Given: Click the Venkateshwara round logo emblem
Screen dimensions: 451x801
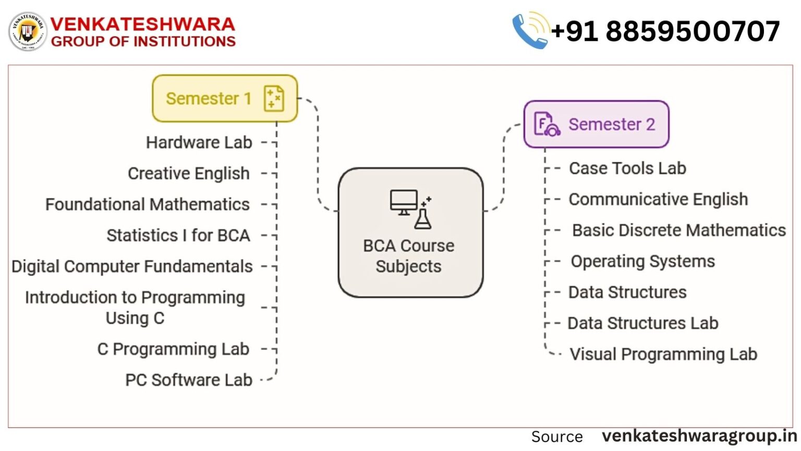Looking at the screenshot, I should pos(28,32).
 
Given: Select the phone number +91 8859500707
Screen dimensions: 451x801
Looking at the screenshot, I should pos(665,31).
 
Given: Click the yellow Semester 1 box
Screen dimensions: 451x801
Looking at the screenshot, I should pos(224,98).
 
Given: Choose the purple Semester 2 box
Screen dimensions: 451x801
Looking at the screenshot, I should pos(596,124).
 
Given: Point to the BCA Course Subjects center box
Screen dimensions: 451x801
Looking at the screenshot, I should pos(410,233).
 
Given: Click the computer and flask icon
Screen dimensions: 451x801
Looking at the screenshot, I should pos(410,209).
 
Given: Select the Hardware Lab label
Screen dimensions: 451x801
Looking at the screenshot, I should pos(199,143).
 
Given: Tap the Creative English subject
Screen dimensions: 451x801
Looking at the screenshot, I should pos(188,173).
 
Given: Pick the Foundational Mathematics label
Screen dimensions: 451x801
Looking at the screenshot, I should pos(147,205).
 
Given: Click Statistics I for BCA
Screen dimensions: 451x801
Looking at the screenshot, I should pos(178,235).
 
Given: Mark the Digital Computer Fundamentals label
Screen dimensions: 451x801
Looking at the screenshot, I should pos(132,266).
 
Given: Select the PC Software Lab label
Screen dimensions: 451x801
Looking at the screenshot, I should pos(188,380).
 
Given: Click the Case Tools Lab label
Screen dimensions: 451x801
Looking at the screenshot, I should pos(627,168).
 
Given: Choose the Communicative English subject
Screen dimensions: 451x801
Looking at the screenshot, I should pos(658,199).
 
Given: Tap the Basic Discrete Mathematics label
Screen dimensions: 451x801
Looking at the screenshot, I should pos(678,230).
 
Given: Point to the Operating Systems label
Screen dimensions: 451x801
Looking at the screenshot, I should pos(642,261).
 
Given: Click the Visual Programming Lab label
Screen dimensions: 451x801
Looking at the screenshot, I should pos(663,354).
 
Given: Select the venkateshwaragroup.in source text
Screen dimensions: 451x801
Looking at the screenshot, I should pos(699,436).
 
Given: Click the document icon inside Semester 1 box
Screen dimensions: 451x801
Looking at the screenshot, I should pos(274,99).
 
